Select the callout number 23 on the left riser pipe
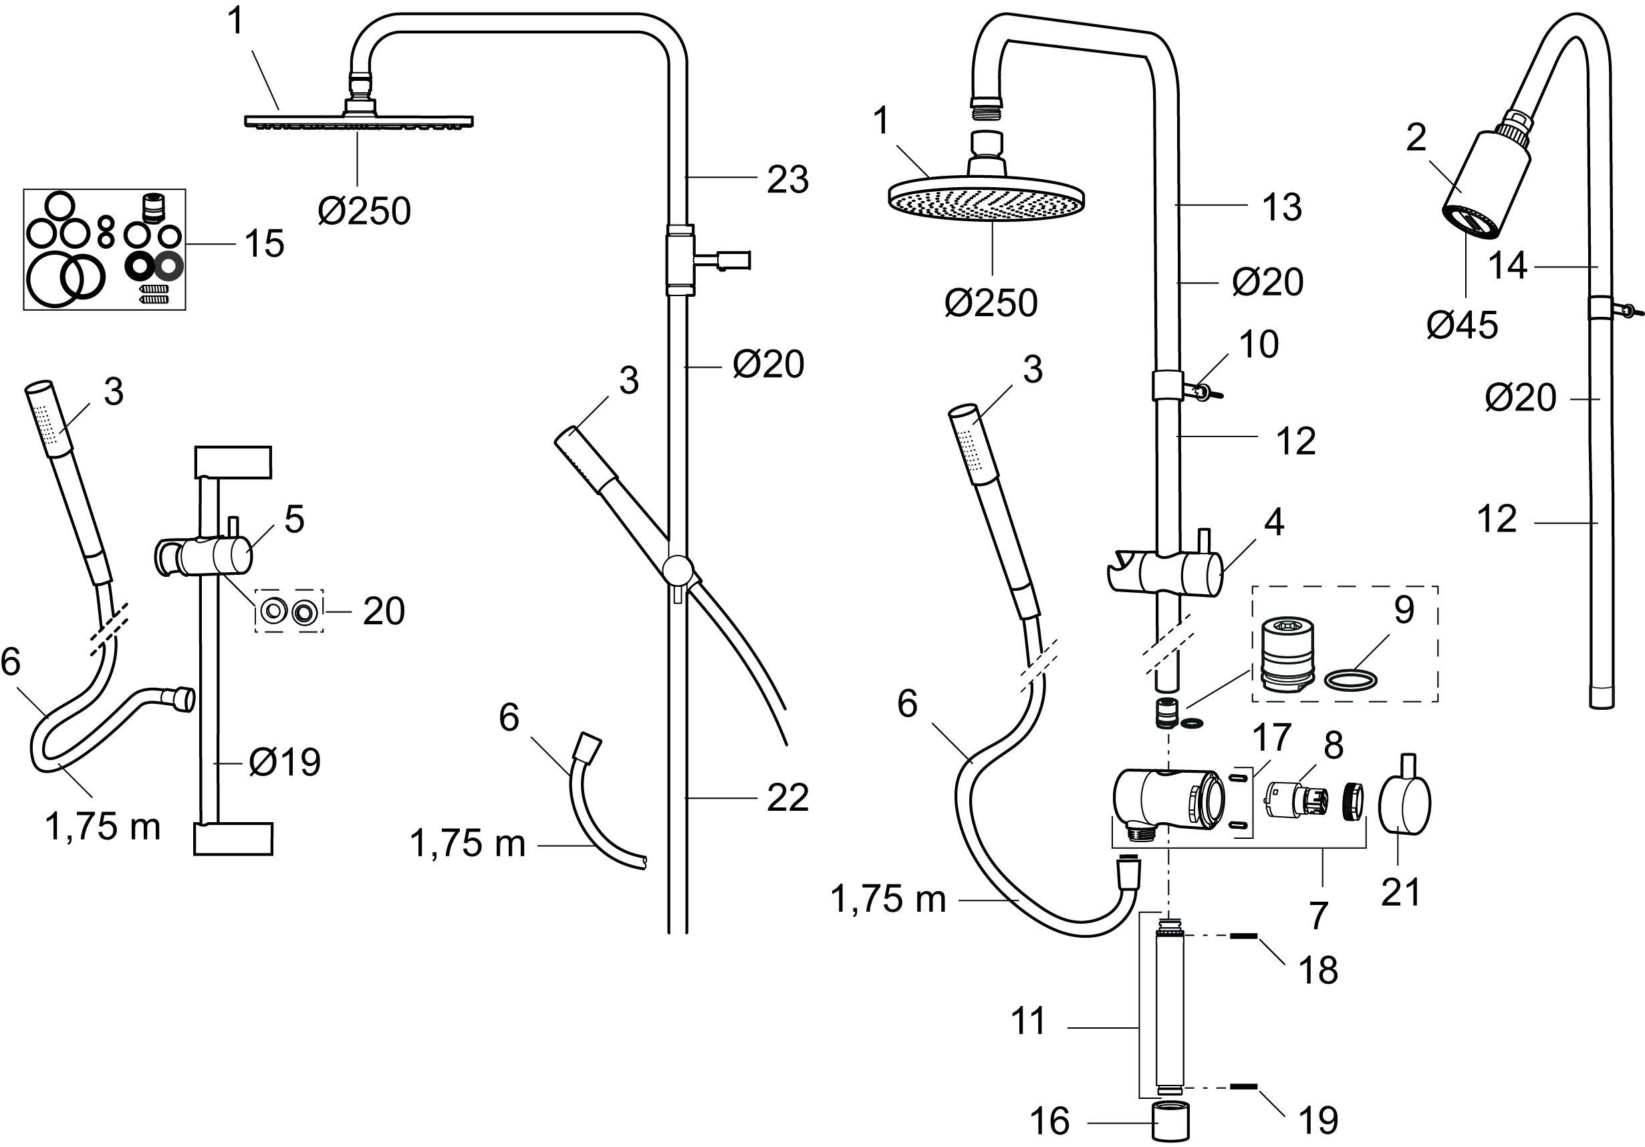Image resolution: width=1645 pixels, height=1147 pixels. [787, 180]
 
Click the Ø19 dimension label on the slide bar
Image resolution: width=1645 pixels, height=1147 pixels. [285, 762]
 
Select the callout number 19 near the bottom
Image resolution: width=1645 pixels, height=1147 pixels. [1317, 1120]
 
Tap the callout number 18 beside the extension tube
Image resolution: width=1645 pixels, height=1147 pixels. [1317, 971]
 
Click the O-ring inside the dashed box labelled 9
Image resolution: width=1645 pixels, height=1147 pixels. [1350, 679]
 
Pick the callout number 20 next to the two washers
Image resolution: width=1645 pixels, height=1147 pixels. [383, 611]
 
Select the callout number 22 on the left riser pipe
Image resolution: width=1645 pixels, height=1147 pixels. [787, 798]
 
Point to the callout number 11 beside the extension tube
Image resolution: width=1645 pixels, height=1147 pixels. [1029, 1021]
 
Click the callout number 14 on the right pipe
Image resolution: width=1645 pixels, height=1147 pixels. [1507, 267]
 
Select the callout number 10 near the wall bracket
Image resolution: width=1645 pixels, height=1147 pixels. [1258, 346]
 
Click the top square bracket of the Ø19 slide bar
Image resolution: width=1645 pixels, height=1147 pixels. [233, 462]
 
